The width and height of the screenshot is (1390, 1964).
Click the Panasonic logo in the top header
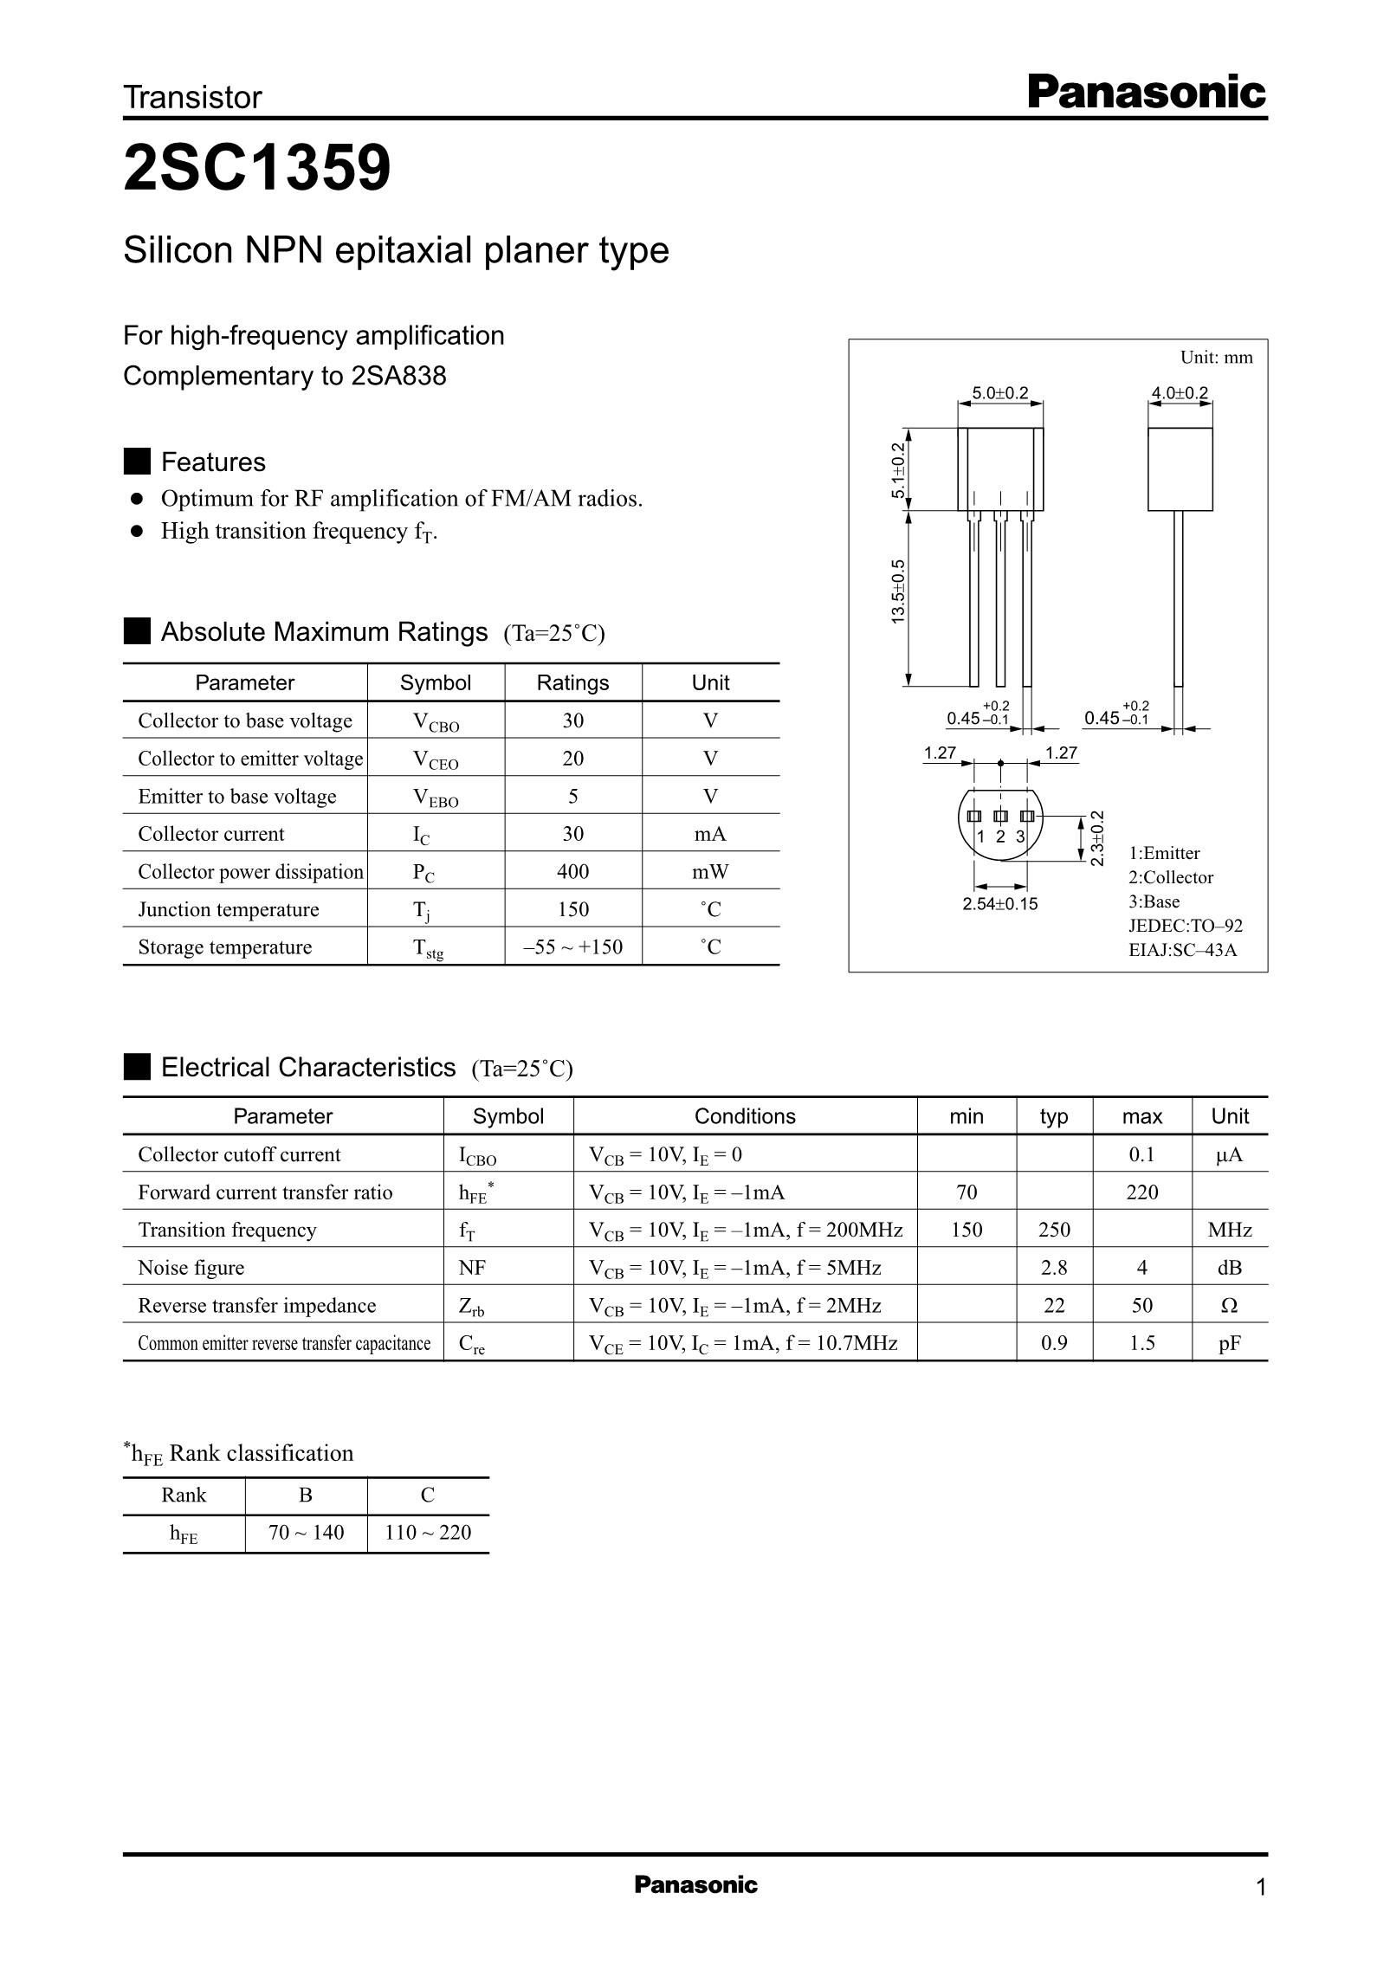1146,93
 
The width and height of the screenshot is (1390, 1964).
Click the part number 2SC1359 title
257,168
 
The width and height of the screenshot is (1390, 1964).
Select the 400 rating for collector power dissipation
572,871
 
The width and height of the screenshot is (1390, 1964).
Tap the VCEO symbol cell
435,759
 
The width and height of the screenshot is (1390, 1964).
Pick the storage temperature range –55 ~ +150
572,946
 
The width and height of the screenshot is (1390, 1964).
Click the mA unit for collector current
710,834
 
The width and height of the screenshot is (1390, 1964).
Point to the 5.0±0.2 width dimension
999,392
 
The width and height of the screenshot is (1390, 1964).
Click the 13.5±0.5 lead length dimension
898,591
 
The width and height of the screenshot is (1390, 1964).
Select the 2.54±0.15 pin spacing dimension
999,904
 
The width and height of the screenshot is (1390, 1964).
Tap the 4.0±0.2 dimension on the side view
1179,392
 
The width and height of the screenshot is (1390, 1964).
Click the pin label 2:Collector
1170,877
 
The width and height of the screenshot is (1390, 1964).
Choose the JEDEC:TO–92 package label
1185,926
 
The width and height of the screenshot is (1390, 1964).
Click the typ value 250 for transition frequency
1054,1230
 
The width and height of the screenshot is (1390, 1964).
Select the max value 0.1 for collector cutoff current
1141,1154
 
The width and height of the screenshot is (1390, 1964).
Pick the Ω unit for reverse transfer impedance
1229,1305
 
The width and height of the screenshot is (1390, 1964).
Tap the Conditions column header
745,1116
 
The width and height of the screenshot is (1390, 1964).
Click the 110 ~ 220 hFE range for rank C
428,1533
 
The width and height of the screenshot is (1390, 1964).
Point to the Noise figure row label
191,1268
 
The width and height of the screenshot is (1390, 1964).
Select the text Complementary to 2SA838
285,376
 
